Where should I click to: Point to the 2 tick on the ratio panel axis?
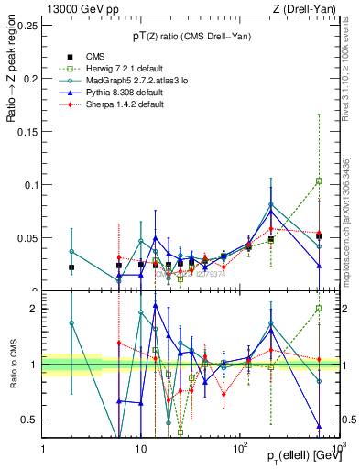[x=35, y=309]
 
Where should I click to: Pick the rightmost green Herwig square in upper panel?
[x=319, y=180]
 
